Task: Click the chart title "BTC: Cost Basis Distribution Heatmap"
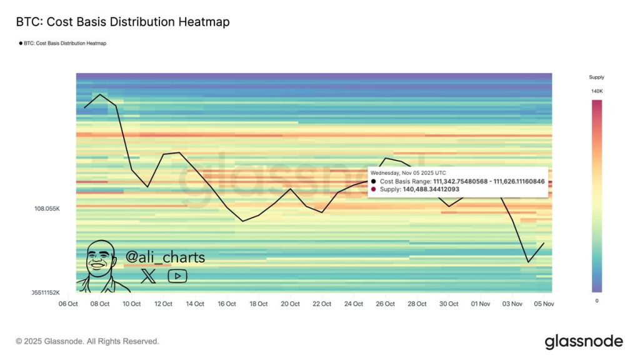pos(122,22)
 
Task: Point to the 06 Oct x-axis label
pos(67,304)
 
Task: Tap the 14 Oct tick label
pos(194,304)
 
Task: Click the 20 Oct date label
pos(290,304)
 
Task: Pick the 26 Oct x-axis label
pos(385,304)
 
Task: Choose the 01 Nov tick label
pos(481,304)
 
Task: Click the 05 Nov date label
pos(544,304)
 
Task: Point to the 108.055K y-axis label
pos(47,208)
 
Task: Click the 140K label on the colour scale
pos(597,91)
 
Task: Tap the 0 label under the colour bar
pos(597,301)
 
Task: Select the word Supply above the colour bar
pos(597,77)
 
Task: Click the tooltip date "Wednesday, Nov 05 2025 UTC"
pos(407,172)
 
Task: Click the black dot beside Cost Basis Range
pos(374,181)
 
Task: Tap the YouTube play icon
pos(177,276)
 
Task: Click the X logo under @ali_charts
pos(149,276)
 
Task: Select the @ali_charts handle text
pos(165,257)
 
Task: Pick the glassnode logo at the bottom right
pos(584,341)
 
